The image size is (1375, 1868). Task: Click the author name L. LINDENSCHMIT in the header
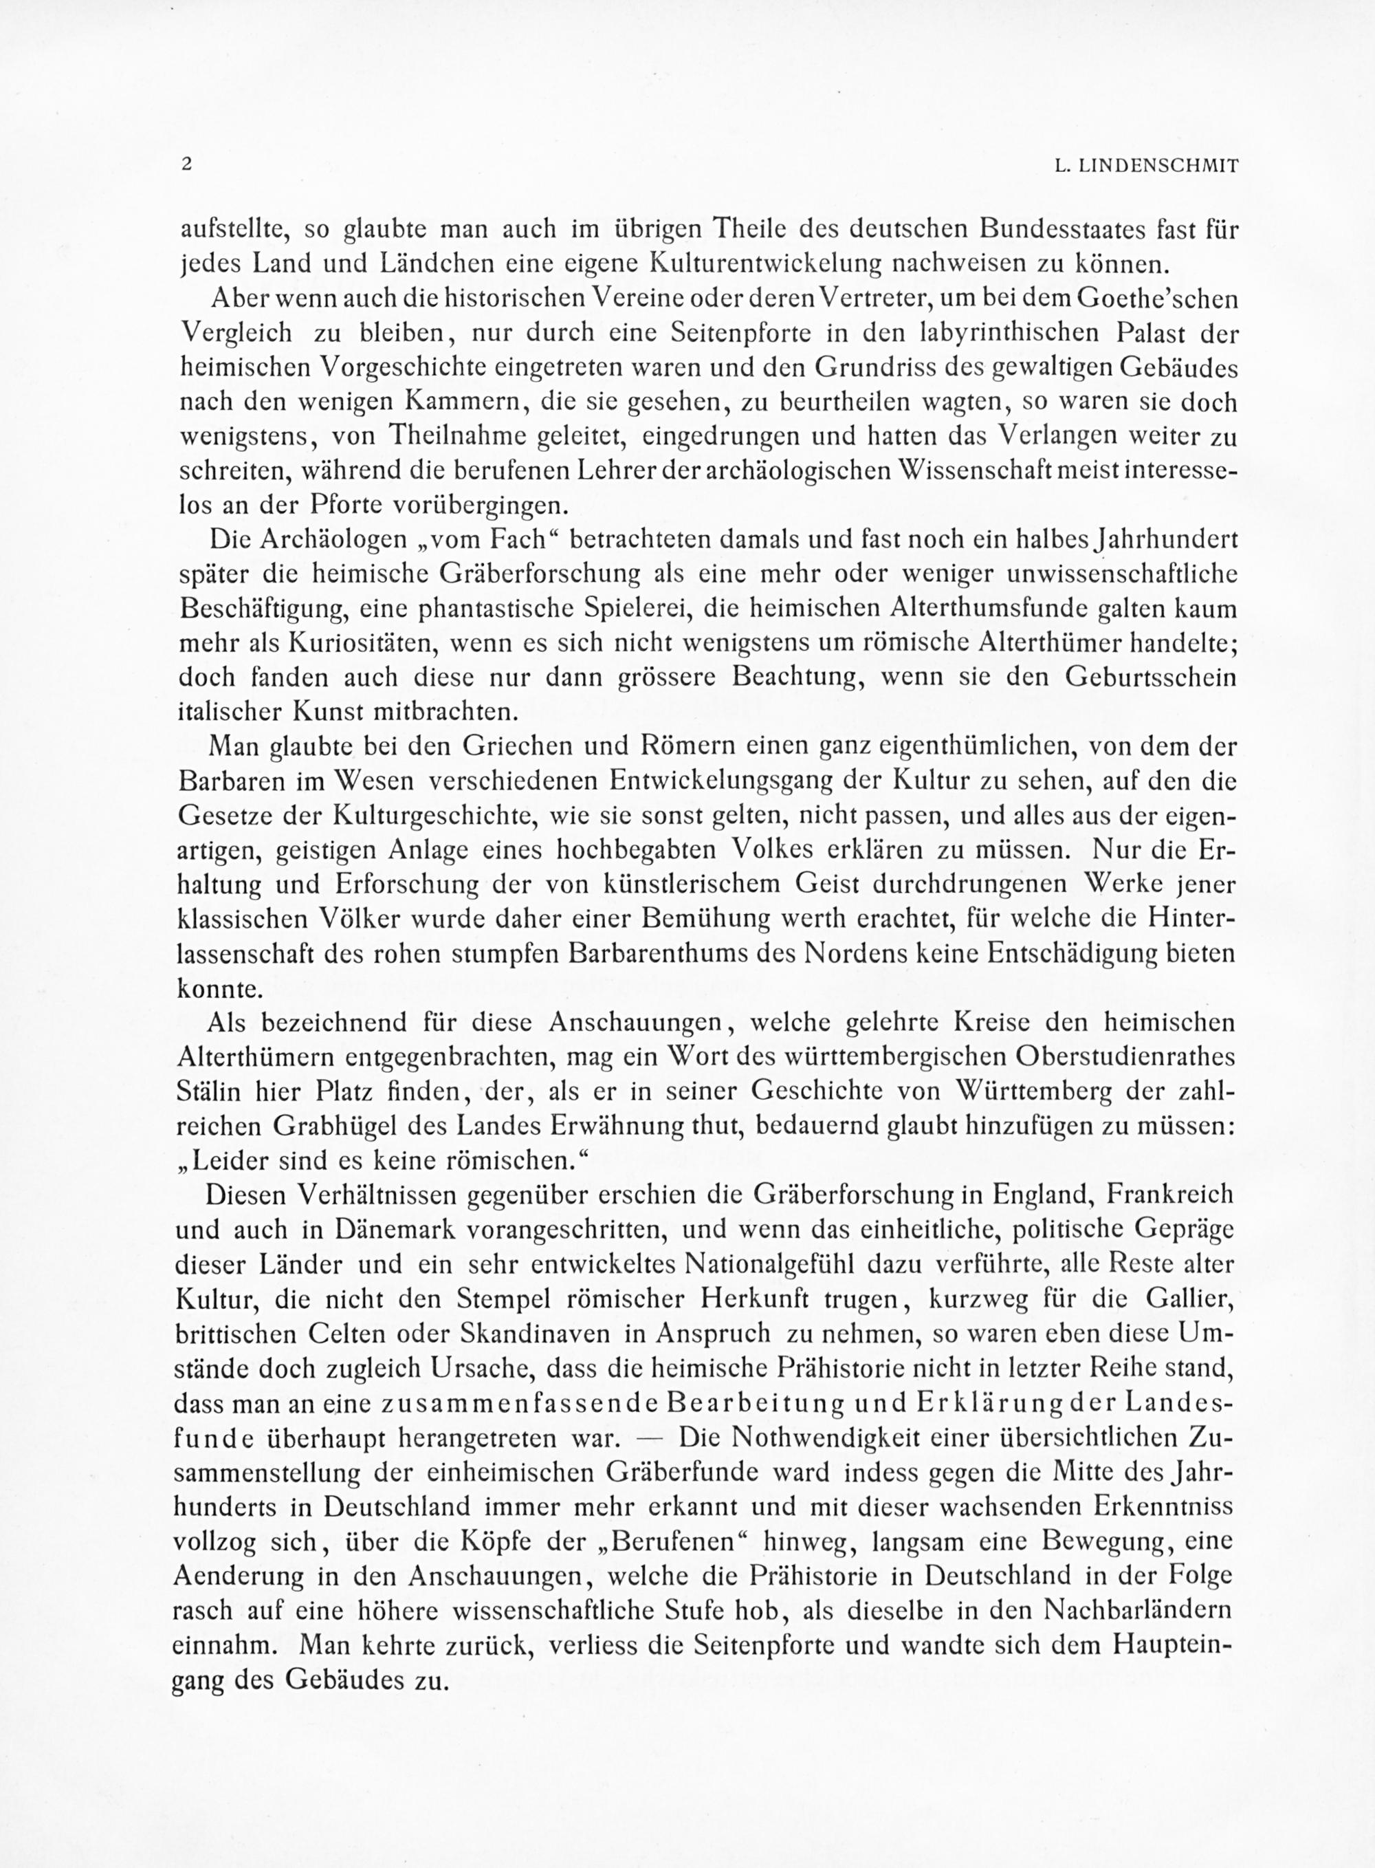coord(1146,166)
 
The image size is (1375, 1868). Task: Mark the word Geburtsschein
coord(1149,677)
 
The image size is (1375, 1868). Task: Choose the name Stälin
coord(209,1092)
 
